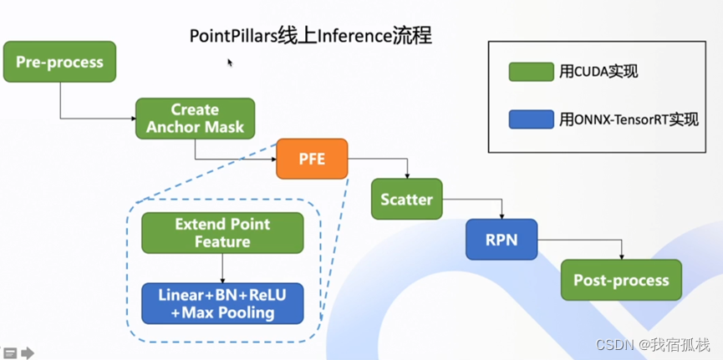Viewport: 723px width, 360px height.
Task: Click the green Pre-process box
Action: point(59,63)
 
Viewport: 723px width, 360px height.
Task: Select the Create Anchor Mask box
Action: point(195,119)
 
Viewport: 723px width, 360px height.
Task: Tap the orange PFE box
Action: point(312,159)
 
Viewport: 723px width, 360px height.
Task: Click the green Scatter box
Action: point(407,200)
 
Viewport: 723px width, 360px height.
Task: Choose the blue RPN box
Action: point(502,240)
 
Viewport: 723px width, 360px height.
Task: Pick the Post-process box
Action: point(621,280)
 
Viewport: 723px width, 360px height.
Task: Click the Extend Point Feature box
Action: point(222,233)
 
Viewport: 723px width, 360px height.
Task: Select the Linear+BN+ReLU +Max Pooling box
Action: point(222,304)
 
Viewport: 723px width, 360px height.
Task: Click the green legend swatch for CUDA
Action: point(531,72)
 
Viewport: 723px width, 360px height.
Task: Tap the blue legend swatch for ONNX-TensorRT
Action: point(531,119)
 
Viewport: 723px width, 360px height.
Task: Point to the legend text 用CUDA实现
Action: point(598,72)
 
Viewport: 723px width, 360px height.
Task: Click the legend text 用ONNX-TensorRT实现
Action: point(629,119)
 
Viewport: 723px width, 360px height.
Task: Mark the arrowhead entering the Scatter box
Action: point(407,176)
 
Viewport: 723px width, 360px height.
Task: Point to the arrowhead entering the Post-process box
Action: point(621,256)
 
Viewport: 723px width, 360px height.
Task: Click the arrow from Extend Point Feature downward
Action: point(222,269)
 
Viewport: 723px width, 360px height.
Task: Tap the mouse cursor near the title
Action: point(230,63)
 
